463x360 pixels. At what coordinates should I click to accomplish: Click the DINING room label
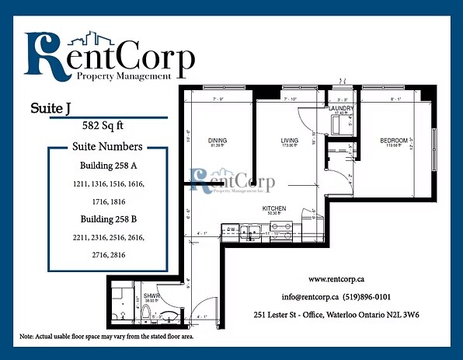click(x=218, y=141)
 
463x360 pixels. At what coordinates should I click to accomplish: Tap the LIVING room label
click(x=290, y=141)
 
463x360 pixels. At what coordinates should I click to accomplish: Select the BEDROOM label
click(x=393, y=141)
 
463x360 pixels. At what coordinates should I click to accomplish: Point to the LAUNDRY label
click(x=341, y=108)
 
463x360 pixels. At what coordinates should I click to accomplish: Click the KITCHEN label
click(x=274, y=208)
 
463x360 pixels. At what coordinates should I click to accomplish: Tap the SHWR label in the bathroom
click(x=151, y=295)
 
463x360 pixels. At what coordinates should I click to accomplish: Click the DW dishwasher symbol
click(x=231, y=229)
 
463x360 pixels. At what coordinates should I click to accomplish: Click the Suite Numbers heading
click(x=107, y=146)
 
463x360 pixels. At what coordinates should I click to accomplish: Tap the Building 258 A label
click(x=107, y=166)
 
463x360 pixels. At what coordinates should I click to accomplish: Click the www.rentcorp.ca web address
click(x=337, y=278)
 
